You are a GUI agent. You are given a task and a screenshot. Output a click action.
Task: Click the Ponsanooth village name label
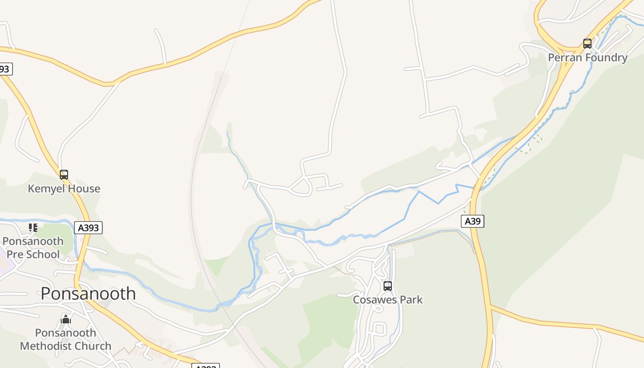pyautogui.click(x=88, y=293)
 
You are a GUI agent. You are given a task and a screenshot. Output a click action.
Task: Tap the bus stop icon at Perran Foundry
pyautogui.click(x=587, y=44)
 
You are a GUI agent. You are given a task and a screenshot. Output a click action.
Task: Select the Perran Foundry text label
pyautogui.click(x=587, y=57)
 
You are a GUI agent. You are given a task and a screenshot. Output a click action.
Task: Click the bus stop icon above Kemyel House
pyautogui.click(x=64, y=175)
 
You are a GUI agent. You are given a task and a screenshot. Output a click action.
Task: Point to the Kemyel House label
pyautogui.click(x=64, y=189)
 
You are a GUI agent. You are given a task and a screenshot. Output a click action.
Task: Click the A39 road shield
pyautogui.click(x=472, y=221)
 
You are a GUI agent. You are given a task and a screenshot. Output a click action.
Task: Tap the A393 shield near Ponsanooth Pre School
pyautogui.click(x=88, y=227)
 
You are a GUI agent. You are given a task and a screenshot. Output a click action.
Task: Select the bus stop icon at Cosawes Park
pyautogui.click(x=388, y=286)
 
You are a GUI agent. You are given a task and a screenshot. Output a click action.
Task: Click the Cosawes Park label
pyautogui.click(x=388, y=300)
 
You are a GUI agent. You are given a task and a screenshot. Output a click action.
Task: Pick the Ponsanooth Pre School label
pyautogui.click(x=33, y=247)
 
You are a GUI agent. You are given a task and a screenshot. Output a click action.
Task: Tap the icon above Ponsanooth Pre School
pyautogui.click(x=33, y=227)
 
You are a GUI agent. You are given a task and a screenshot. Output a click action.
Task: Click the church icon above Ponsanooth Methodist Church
pyautogui.click(x=66, y=319)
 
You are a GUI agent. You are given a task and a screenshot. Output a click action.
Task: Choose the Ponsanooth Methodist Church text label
pyautogui.click(x=66, y=339)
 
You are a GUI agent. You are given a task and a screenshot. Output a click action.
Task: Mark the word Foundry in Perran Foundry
pyautogui.click(x=605, y=57)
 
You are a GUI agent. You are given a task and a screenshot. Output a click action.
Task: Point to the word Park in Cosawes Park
pyautogui.click(x=411, y=300)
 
